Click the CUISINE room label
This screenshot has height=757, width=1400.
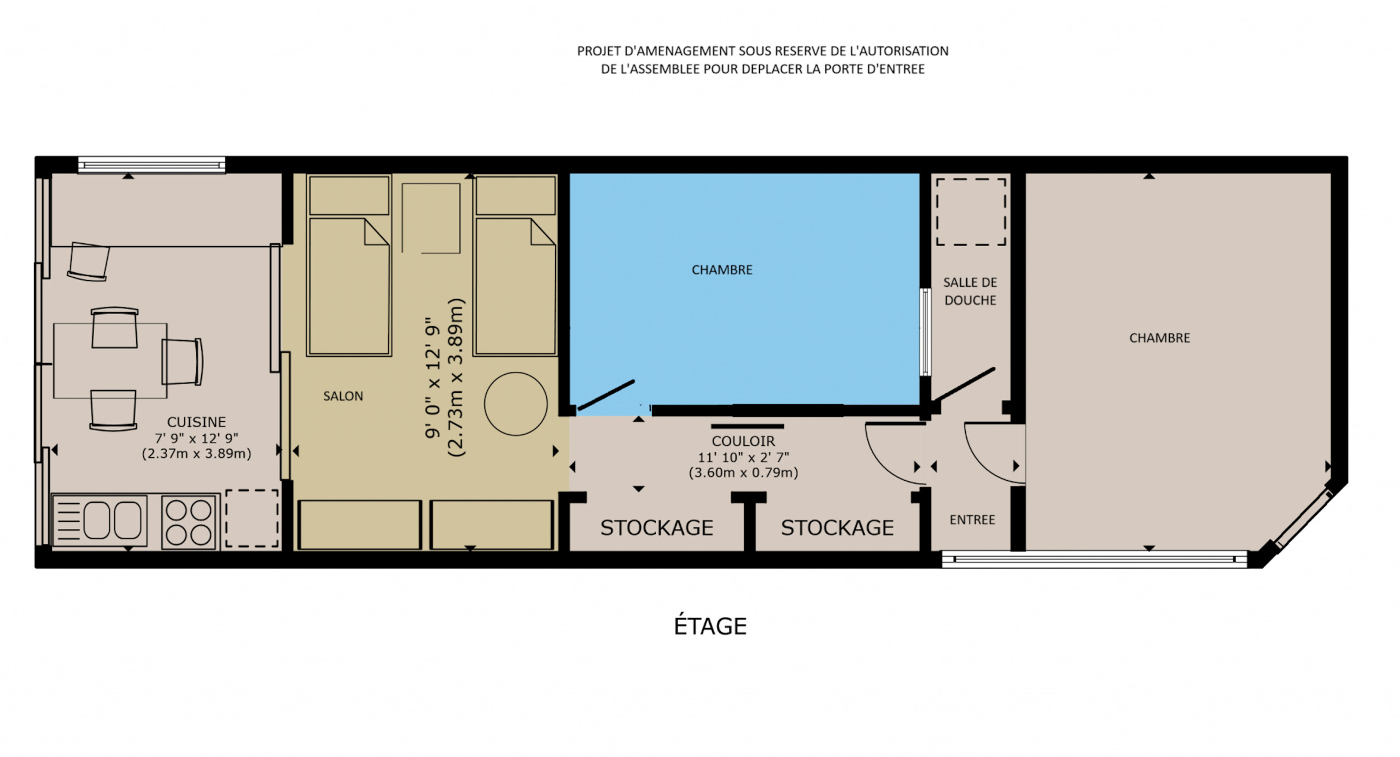coord(196,422)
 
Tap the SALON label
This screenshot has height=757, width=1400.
coord(343,396)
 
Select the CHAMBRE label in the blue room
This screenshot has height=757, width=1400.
coord(722,270)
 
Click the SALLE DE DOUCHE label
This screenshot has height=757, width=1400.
coord(970,291)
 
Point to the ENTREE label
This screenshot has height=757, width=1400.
coord(972,520)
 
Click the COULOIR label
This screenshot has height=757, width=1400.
coord(743,441)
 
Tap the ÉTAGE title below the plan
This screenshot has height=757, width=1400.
coord(710,626)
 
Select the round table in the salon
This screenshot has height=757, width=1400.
coord(515,404)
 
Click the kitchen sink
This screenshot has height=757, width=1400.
coord(100,520)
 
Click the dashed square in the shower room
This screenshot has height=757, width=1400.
coord(971,212)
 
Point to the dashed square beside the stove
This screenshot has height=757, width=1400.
coord(252,518)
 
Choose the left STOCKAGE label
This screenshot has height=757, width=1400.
coord(657,528)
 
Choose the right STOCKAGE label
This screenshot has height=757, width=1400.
coord(837,528)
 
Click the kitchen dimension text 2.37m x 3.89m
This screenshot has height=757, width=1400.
coord(196,453)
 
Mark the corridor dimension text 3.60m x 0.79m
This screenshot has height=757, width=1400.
coord(743,473)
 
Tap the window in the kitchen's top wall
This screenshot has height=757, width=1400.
coord(151,165)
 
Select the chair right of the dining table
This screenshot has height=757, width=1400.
coord(182,362)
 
